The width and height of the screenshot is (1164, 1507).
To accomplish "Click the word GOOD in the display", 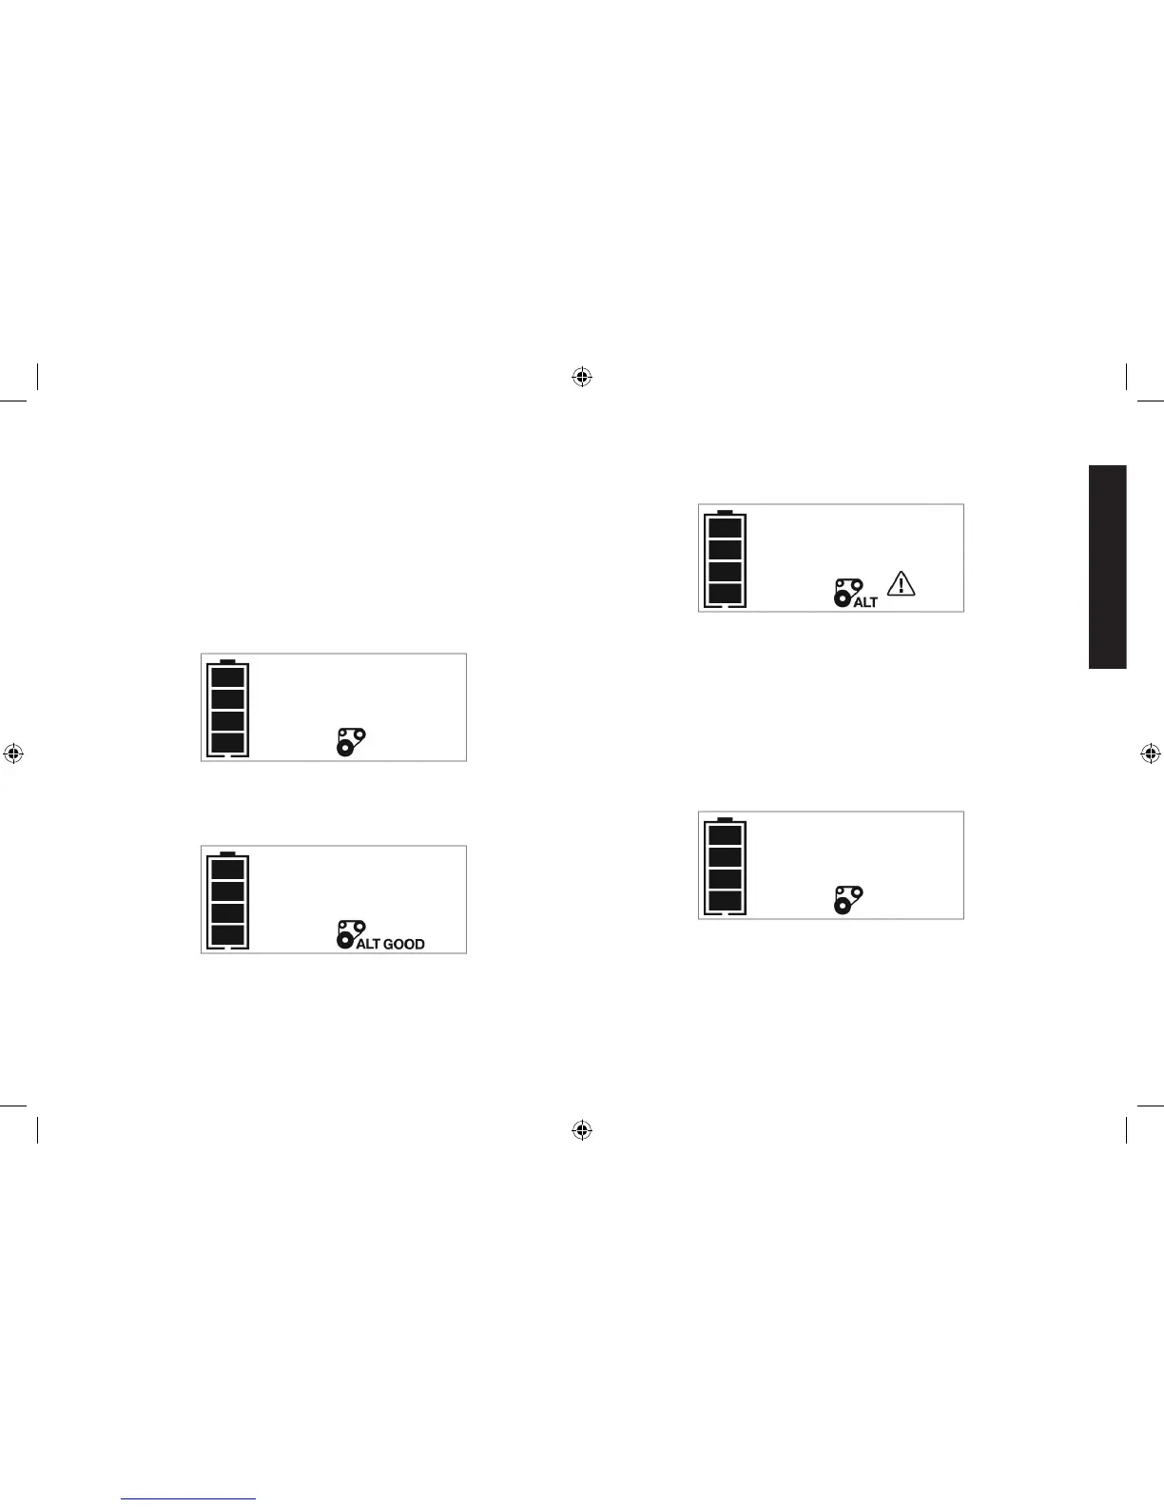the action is pyautogui.click(x=404, y=944).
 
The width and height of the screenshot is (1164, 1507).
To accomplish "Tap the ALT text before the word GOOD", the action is pyautogui.click(x=368, y=944).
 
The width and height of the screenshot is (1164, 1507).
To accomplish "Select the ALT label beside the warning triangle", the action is pyautogui.click(x=865, y=602).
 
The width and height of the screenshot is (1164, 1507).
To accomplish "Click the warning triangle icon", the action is pyautogui.click(x=901, y=583).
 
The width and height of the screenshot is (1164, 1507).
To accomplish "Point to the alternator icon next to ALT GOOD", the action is pyautogui.click(x=348, y=933).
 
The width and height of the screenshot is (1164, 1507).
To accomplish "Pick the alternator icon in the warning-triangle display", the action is pyautogui.click(x=846, y=591).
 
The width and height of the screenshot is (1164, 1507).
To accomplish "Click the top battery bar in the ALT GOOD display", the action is pyautogui.click(x=227, y=870).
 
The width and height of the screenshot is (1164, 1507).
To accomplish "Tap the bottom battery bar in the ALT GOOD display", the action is pyautogui.click(x=227, y=934).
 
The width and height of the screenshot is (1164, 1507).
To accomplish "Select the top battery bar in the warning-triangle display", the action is pyautogui.click(x=725, y=528).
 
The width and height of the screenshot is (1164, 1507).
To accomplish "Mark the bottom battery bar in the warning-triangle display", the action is pyautogui.click(x=725, y=594).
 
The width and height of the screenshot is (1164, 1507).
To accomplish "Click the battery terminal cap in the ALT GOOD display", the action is pyautogui.click(x=227, y=852).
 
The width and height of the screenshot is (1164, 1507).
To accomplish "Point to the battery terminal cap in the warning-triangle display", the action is pyautogui.click(x=725, y=511).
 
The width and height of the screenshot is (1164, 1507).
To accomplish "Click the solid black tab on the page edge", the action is pyautogui.click(x=1108, y=567).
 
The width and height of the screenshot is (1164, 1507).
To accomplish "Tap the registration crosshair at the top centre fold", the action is pyautogui.click(x=582, y=378).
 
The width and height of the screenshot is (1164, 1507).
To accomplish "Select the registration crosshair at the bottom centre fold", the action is pyautogui.click(x=582, y=1129).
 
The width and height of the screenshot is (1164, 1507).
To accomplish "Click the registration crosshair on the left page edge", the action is pyautogui.click(x=12, y=753).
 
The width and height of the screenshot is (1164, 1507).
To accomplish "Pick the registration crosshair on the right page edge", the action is pyautogui.click(x=1150, y=753).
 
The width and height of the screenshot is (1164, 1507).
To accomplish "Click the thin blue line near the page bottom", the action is pyautogui.click(x=189, y=1499).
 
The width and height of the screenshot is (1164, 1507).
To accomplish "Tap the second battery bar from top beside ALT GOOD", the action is pyautogui.click(x=227, y=891).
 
